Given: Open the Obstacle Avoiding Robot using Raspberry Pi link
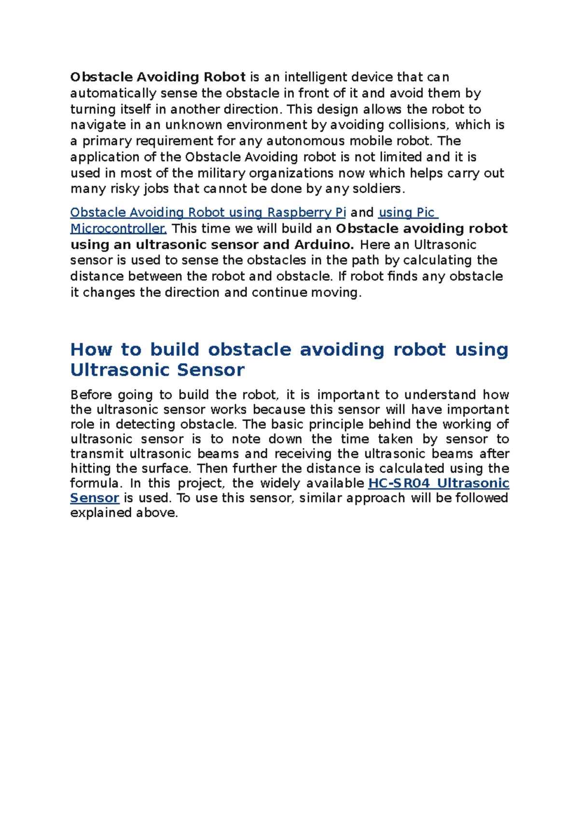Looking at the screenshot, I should (208, 212).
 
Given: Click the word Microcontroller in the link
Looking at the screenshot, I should (118, 228).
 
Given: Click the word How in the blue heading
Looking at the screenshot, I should (91, 350).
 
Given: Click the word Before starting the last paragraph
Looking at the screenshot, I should (91, 395).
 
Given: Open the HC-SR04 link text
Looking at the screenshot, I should (399, 483).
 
